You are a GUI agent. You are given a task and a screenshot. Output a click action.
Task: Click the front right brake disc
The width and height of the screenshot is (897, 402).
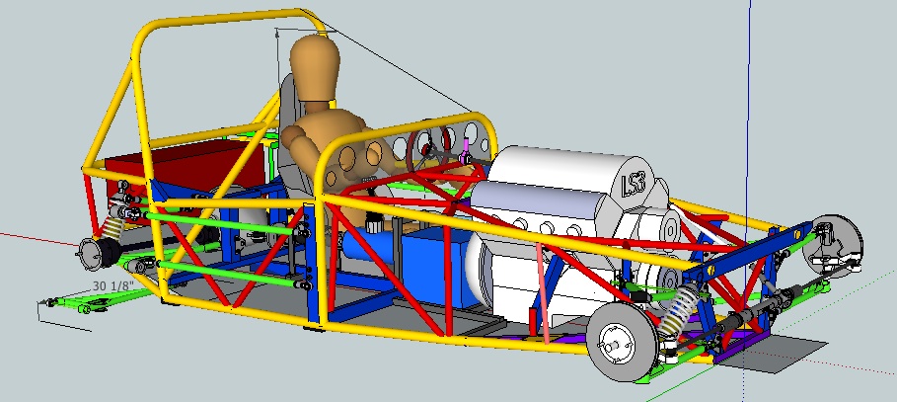[x=832, y=245]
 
